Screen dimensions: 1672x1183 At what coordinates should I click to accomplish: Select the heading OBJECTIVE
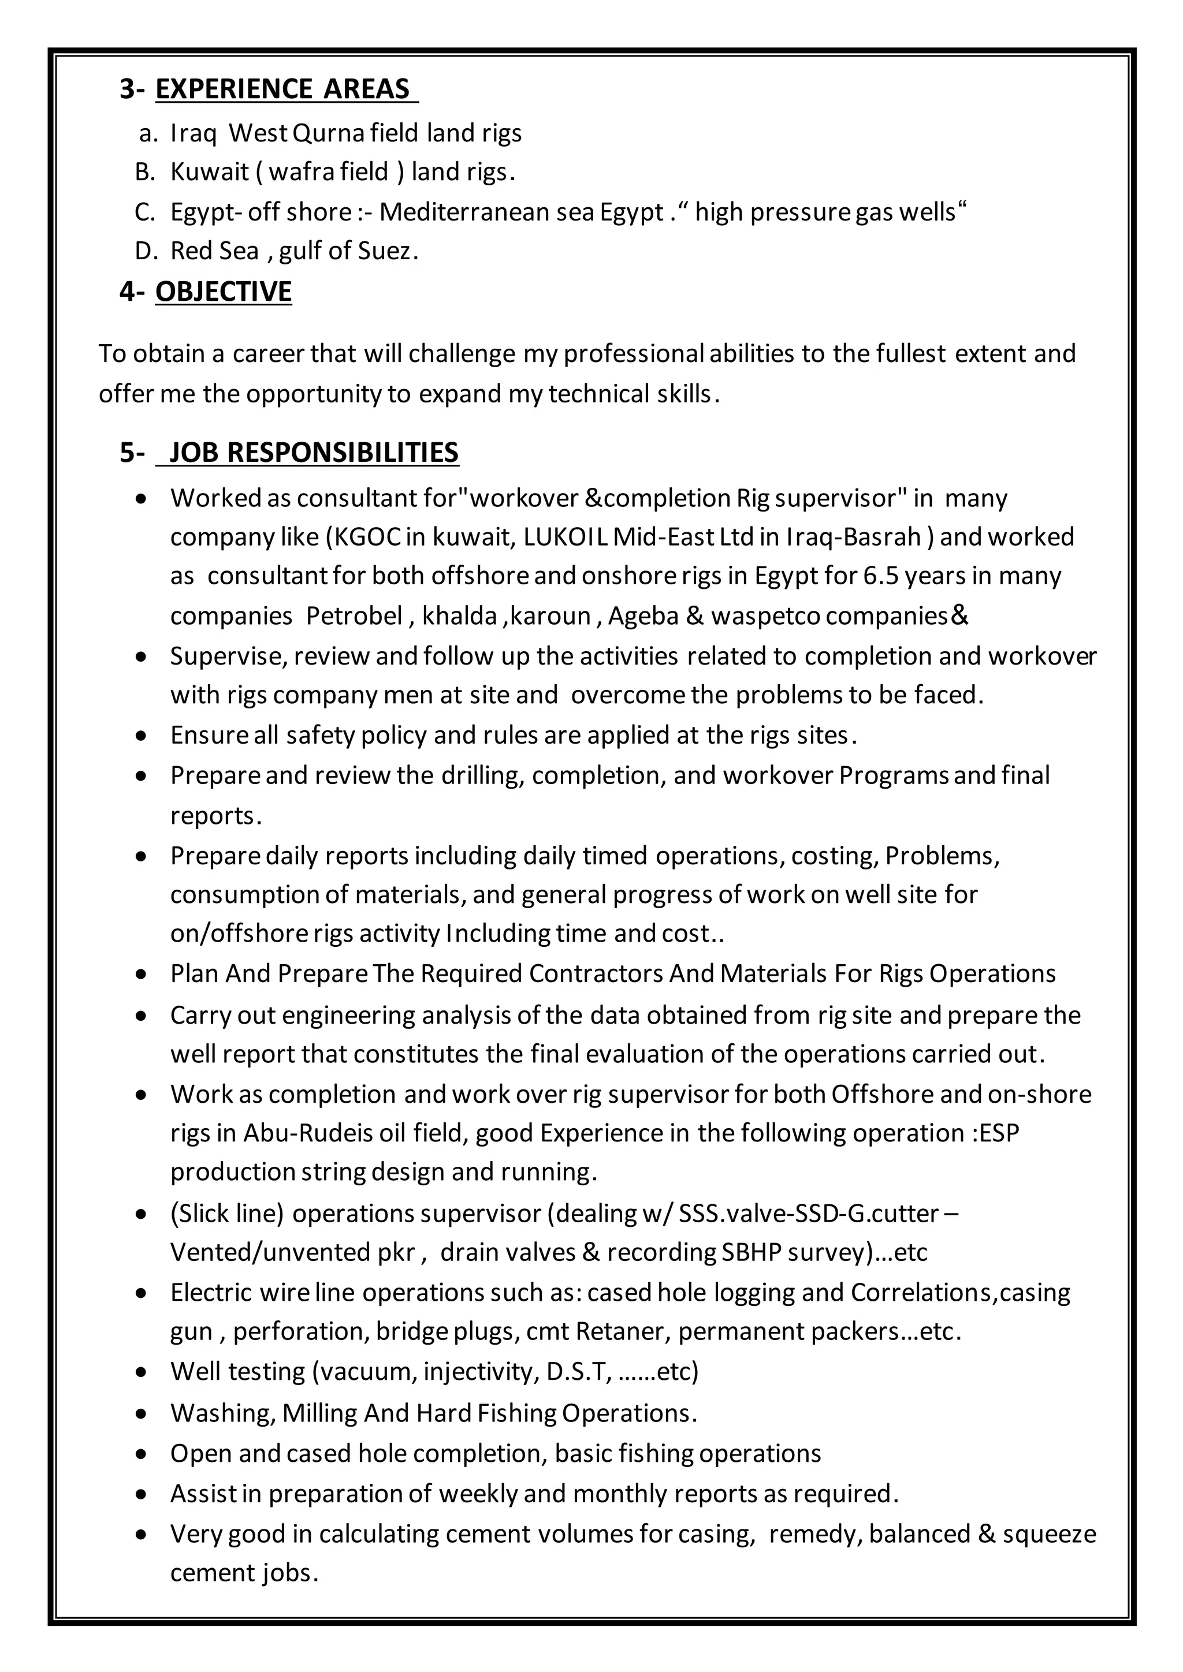[x=223, y=292]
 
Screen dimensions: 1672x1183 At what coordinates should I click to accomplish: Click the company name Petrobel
[x=354, y=616]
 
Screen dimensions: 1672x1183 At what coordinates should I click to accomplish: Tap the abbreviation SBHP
[x=751, y=1252]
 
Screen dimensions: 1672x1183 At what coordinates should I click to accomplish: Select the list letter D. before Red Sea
[x=145, y=251]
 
